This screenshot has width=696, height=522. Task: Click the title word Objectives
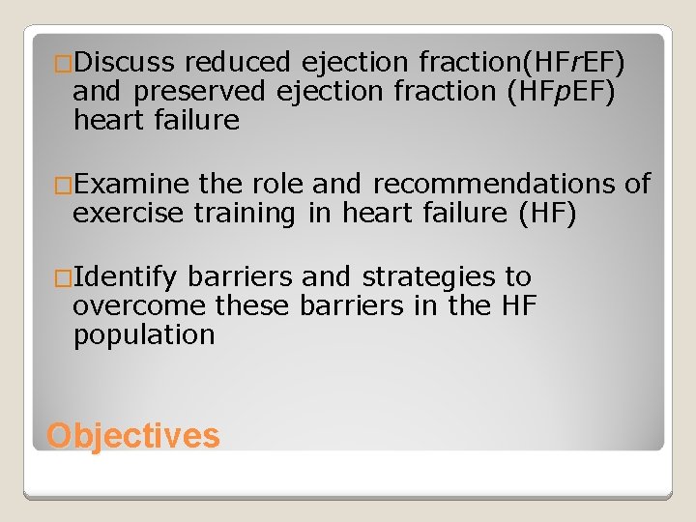[x=133, y=435]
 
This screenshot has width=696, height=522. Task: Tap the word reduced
[x=237, y=64]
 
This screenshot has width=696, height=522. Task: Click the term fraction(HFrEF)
[x=523, y=64]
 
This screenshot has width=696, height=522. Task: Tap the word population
[x=144, y=335]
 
